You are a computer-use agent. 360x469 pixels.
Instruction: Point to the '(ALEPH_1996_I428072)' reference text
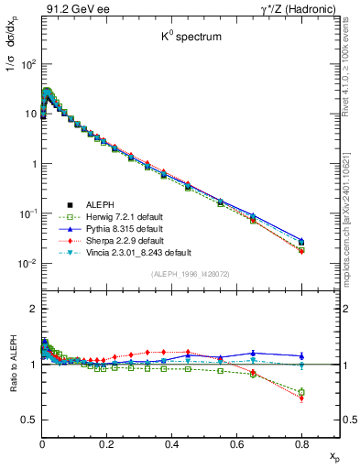189,273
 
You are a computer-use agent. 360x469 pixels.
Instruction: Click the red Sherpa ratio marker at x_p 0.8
301,398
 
